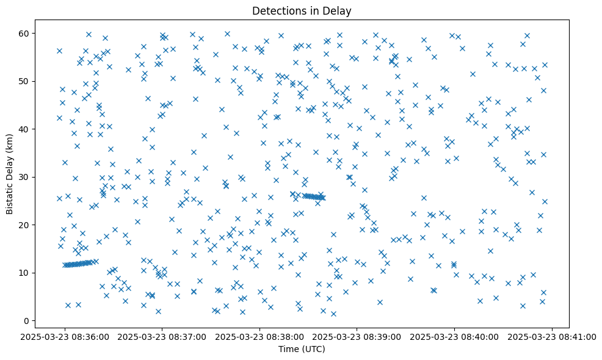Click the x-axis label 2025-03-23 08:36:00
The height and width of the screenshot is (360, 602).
[x=65, y=336]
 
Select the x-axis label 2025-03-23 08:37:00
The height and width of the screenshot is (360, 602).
[x=162, y=336]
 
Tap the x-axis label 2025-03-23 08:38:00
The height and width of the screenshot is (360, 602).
[x=259, y=336]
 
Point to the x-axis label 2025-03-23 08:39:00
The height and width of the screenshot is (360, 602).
[x=357, y=336]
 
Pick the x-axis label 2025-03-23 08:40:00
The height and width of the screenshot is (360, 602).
[x=454, y=336]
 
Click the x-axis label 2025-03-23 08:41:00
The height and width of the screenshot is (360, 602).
[x=552, y=336]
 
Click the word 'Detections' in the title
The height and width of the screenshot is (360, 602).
[x=282, y=10]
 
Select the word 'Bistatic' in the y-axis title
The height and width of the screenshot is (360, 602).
[x=10, y=198]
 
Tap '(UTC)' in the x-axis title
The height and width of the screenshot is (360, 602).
[x=314, y=350]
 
